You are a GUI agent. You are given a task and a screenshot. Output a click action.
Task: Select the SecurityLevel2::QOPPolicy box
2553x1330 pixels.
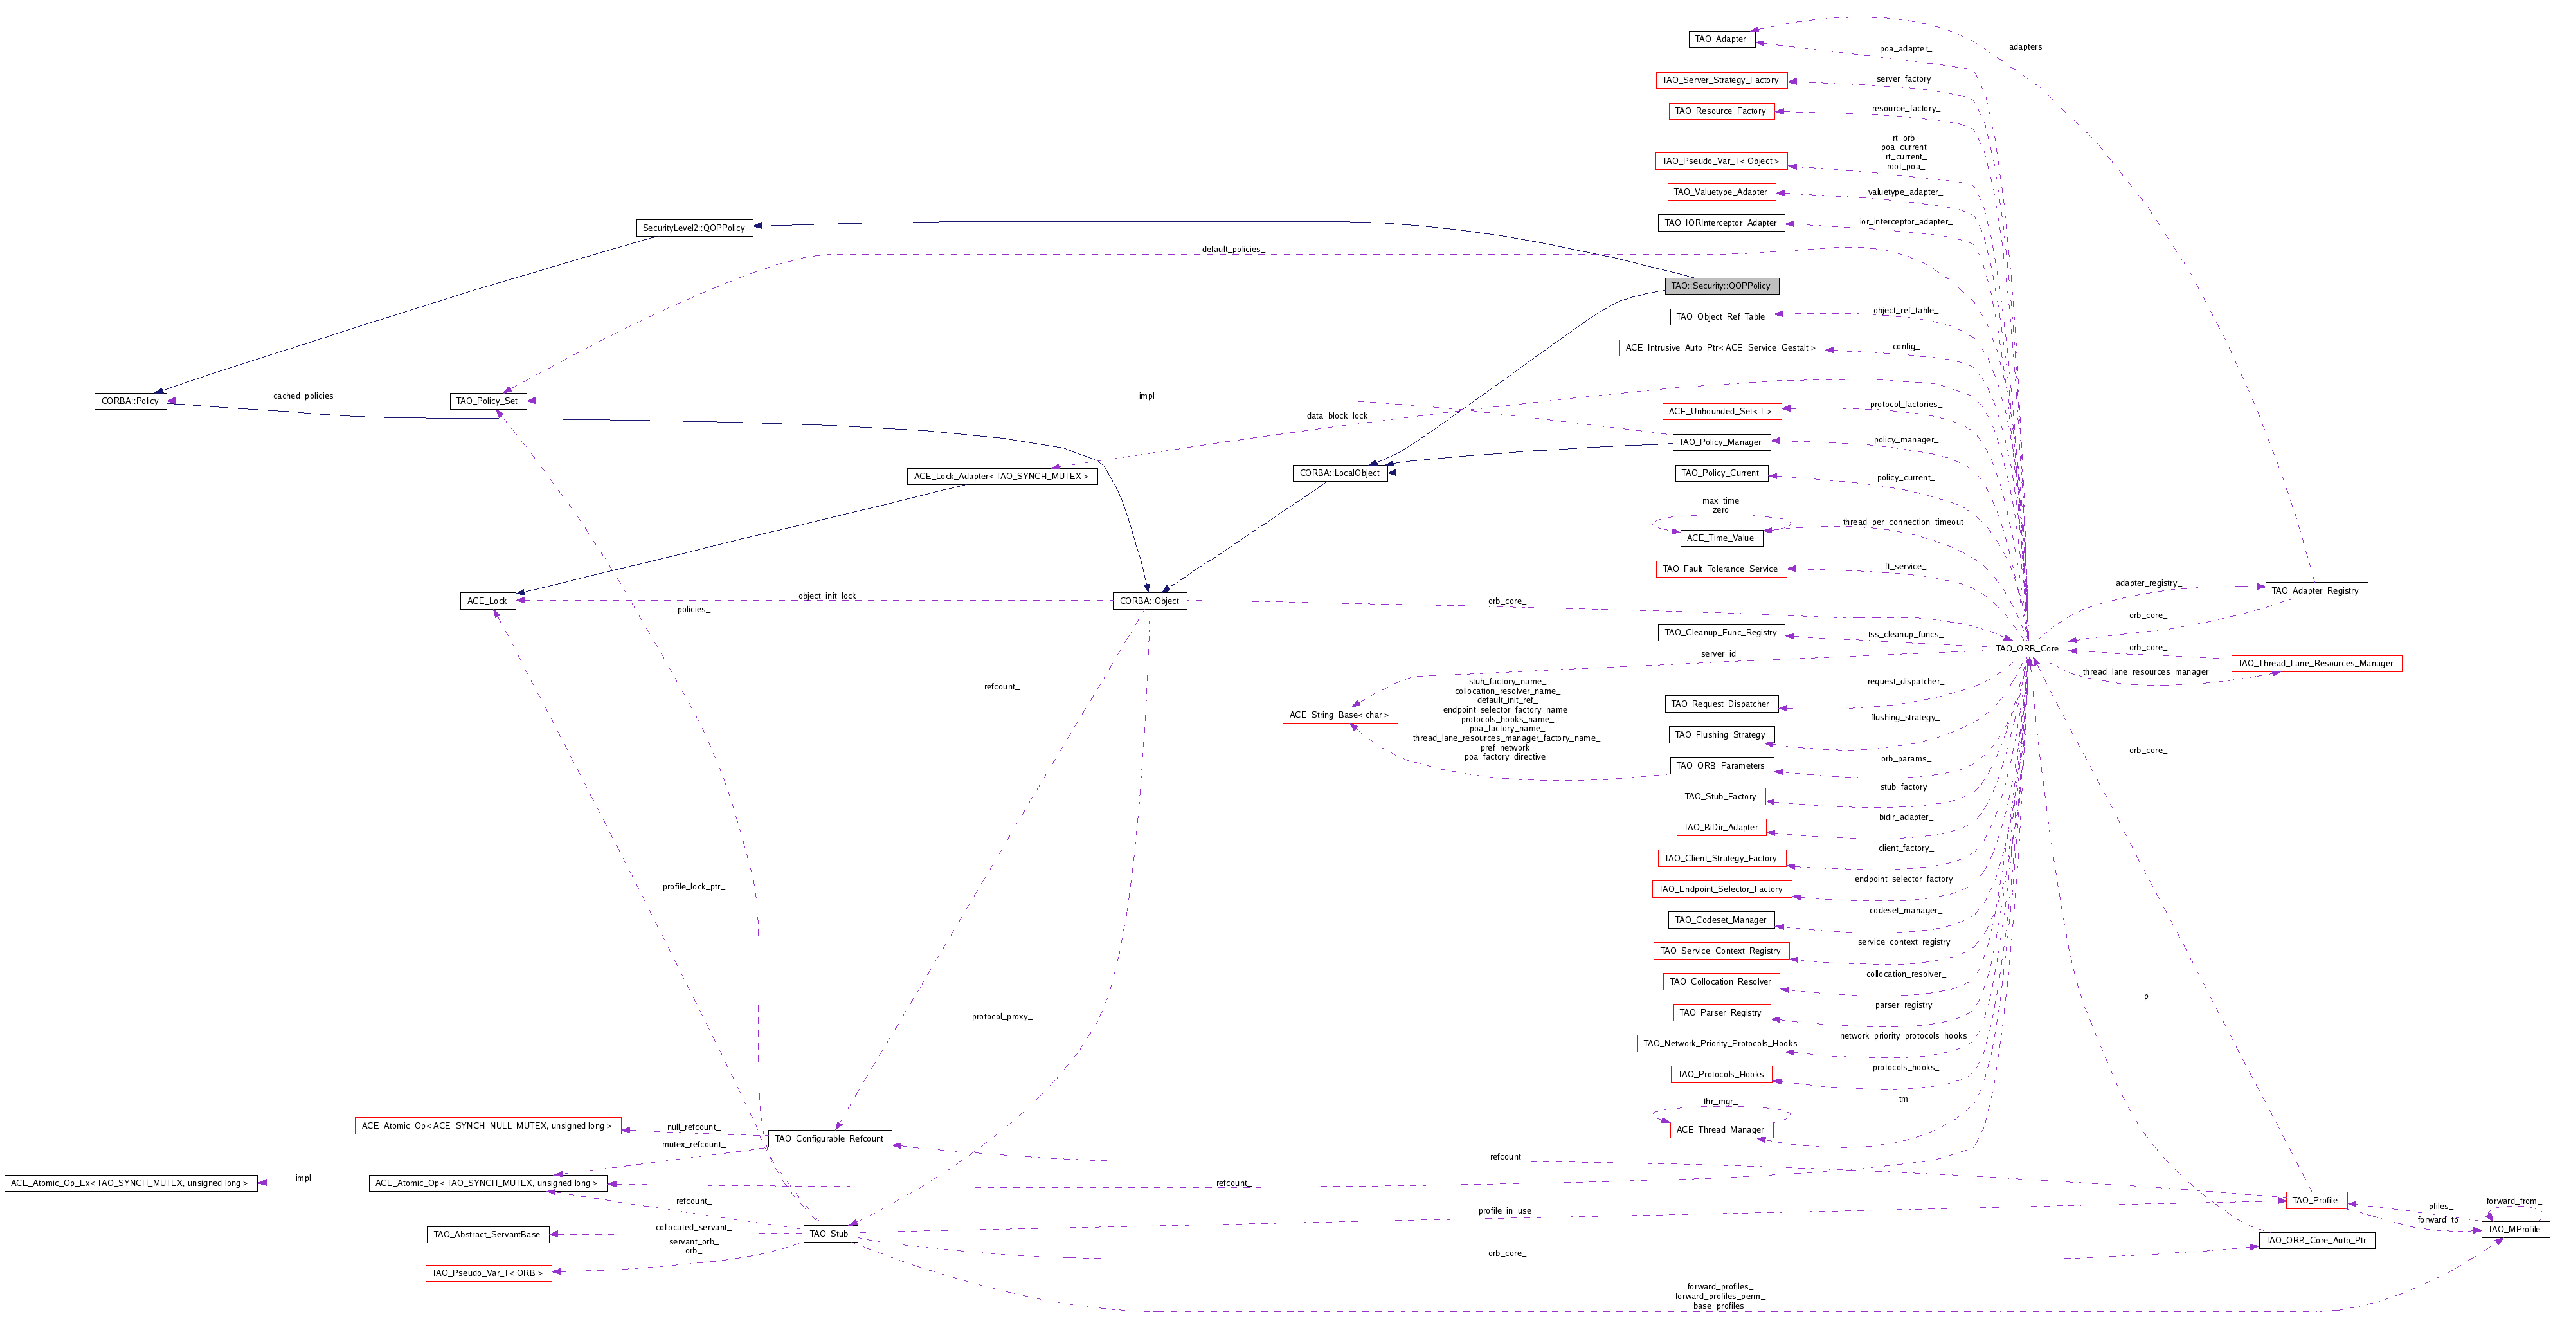pos(694,228)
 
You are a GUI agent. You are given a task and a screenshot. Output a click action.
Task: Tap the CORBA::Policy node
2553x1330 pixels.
pos(130,401)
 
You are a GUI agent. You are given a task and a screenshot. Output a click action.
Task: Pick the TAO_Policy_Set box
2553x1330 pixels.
pos(487,401)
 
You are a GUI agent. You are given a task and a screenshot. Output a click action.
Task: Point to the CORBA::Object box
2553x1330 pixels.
pos(1149,601)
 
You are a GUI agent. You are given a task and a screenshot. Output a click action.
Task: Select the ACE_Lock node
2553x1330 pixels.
pos(487,601)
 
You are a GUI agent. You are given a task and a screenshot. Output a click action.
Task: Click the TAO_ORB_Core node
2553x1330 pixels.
pos(2026,649)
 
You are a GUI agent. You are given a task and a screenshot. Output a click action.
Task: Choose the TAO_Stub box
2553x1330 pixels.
pos(829,1234)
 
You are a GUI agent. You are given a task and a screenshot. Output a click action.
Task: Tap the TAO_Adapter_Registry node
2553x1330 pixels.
pos(2315,590)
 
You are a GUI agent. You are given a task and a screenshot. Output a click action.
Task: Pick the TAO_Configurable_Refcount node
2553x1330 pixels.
pos(829,1139)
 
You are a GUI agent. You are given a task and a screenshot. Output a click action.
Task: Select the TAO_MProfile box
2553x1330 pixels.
pos(2514,1230)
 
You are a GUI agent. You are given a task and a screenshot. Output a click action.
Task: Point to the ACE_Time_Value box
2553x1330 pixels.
pos(1720,539)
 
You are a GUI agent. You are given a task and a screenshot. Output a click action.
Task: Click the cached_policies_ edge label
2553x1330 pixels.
pos(305,396)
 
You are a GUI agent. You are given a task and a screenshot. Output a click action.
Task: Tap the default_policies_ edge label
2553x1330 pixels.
pos(1233,250)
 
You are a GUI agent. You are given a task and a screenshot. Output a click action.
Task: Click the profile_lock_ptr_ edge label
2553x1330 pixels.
pos(694,887)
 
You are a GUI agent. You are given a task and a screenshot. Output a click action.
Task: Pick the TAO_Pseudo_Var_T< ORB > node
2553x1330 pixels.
pos(487,1273)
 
